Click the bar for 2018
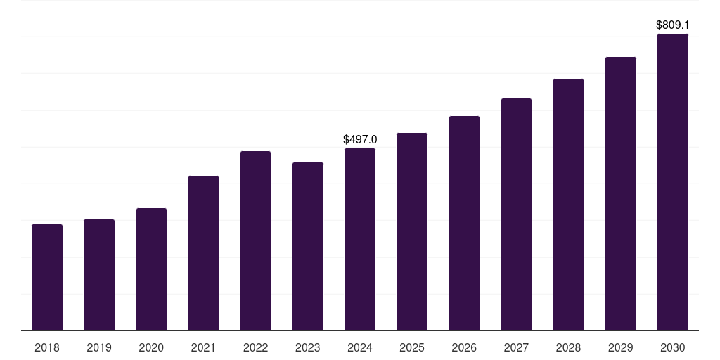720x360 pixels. (47, 277)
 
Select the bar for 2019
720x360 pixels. (99, 275)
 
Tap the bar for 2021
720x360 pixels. (203, 253)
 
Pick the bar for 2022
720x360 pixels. (255, 240)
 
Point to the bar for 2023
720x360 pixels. (308, 247)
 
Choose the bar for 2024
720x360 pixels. (360, 239)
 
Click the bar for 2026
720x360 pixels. (464, 223)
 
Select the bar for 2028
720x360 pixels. (568, 205)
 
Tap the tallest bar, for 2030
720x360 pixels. (673, 182)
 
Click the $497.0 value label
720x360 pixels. (360, 140)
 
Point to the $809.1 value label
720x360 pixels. (673, 25)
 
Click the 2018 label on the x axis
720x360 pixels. (47, 347)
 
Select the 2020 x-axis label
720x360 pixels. (151, 347)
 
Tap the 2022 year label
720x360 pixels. (255, 347)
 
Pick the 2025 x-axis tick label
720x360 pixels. (412, 347)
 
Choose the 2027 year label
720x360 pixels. (516, 347)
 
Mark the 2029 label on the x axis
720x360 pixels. (620, 347)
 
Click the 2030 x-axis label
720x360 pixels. (673, 347)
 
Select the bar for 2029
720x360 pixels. (621, 194)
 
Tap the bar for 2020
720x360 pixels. (152, 269)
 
